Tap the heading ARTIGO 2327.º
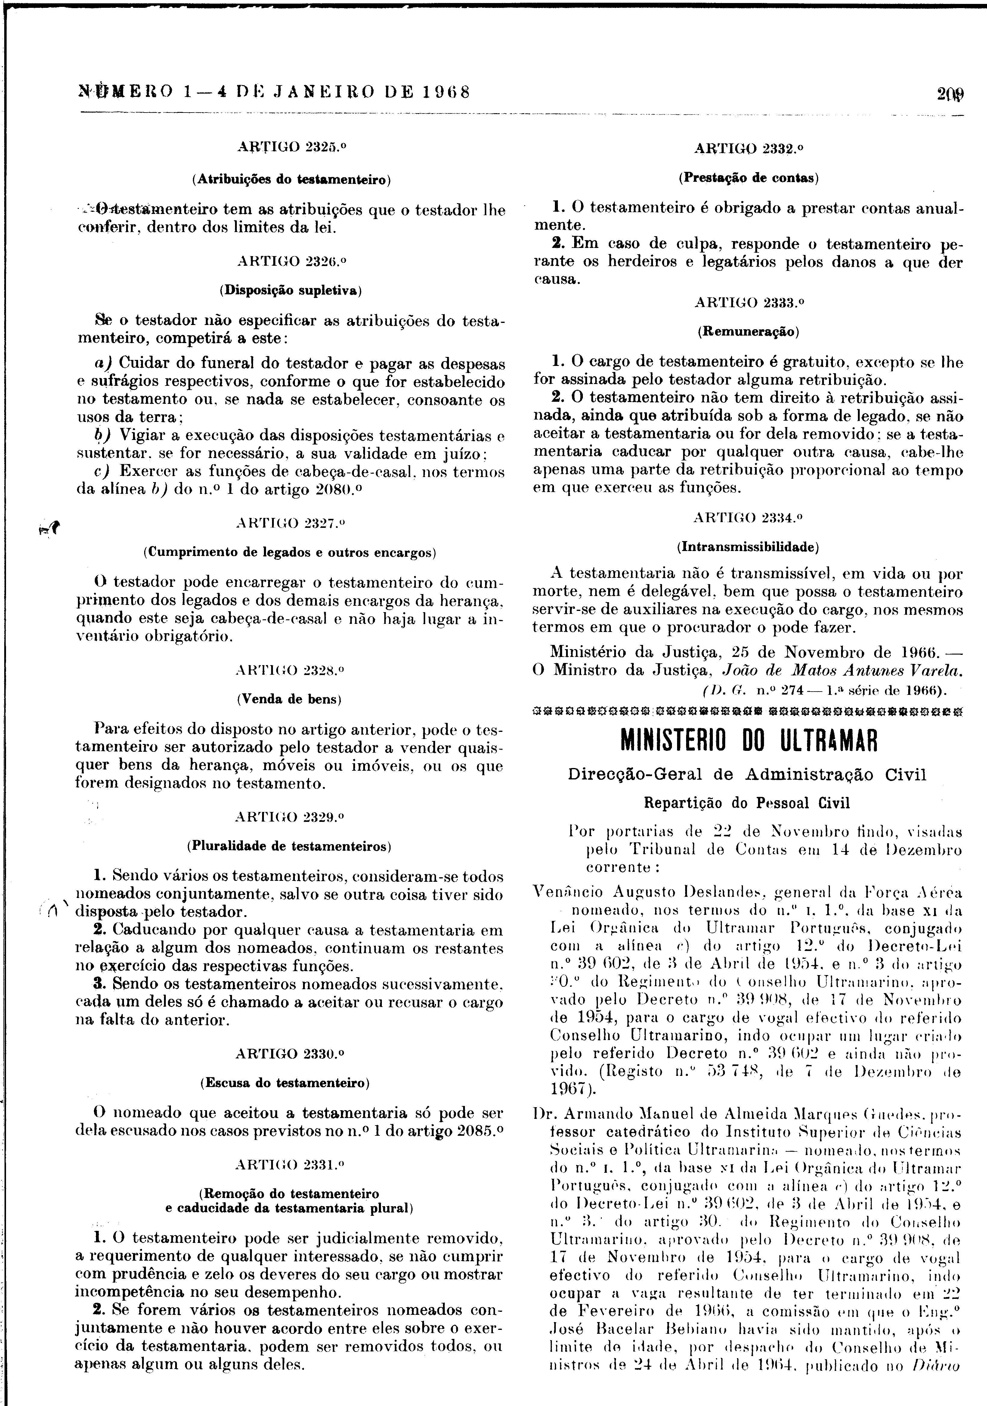[x=290, y=524]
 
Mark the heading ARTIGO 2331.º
[x=290, y=1164]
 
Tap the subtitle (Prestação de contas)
[x=748, y=178]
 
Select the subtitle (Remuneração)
[x=748, y=332]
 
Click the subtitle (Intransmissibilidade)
[x=748, y=546]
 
